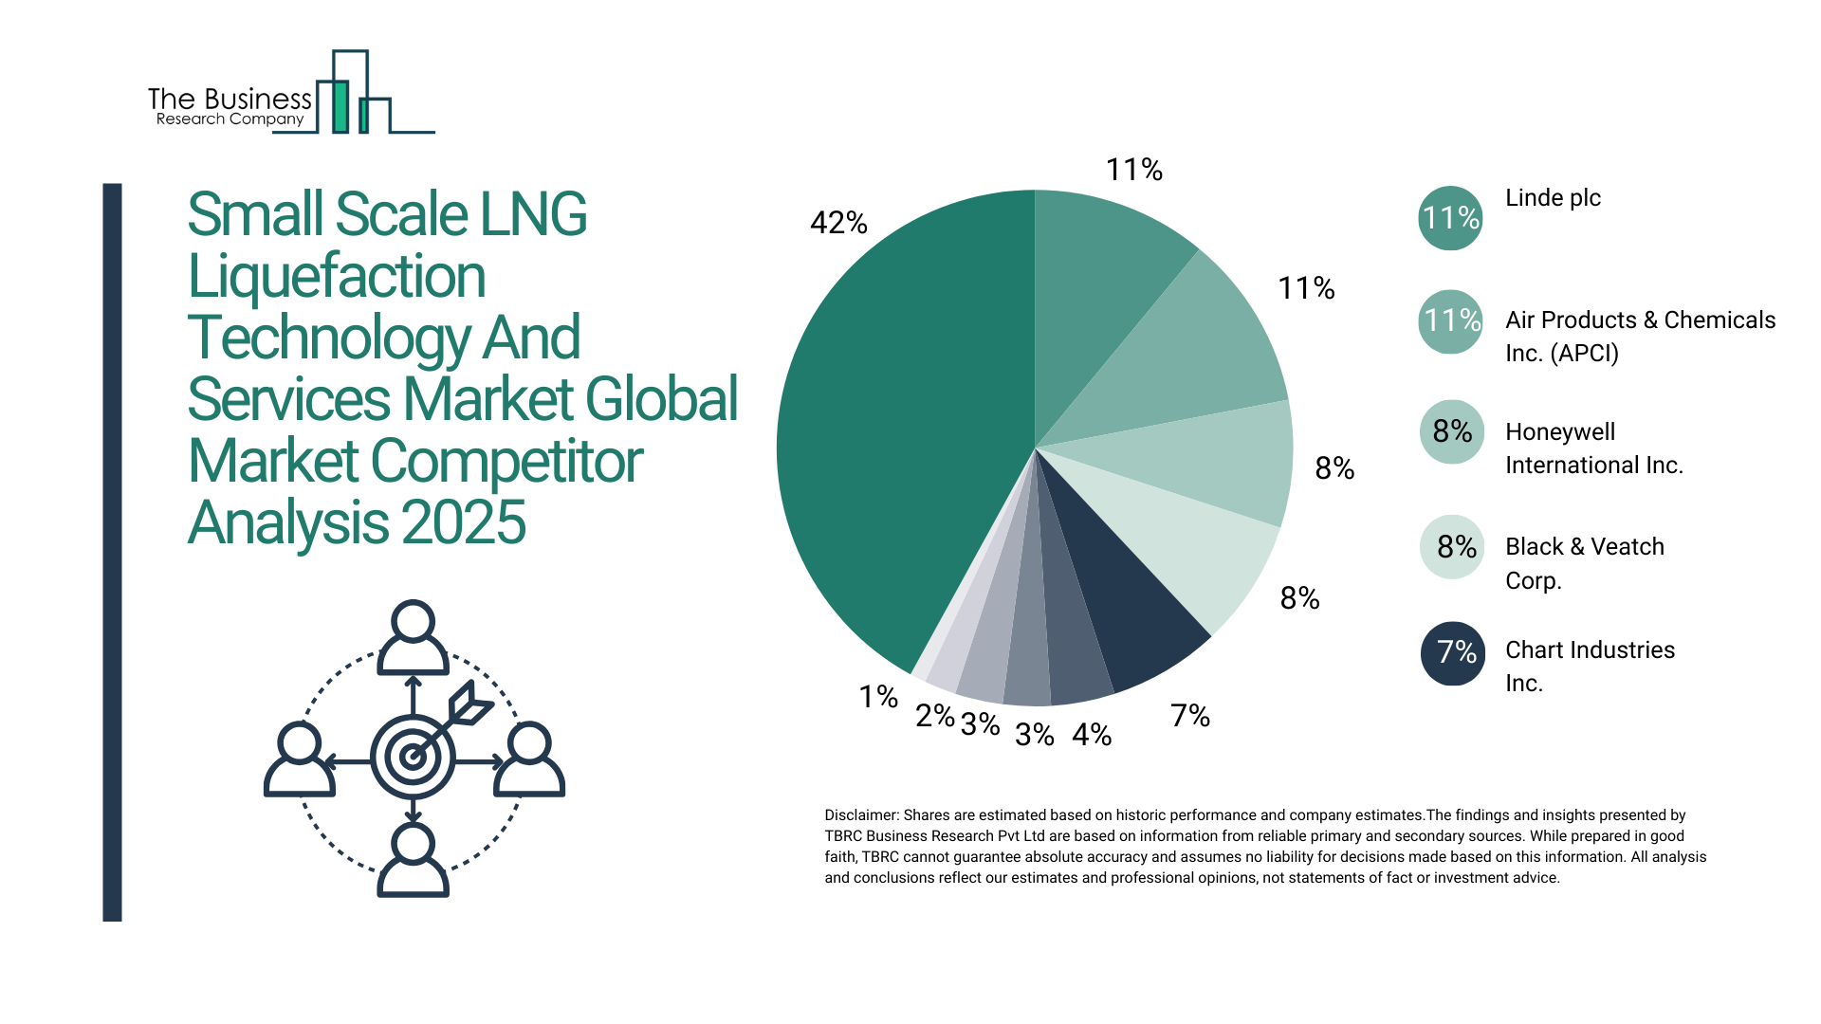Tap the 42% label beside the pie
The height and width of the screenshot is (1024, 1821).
pos(838,223)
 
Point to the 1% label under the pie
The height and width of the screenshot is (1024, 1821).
pos(878,697)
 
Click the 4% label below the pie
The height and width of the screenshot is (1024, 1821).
pos(1092,734)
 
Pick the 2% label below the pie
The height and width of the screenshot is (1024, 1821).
pos(934,716)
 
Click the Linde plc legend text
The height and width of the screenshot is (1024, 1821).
pos(1553,198)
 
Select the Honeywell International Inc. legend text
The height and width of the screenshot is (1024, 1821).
pos(1593,448)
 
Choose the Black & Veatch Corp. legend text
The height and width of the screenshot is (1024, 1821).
pos(1584,563)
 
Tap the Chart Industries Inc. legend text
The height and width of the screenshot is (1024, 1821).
pos(1590,666)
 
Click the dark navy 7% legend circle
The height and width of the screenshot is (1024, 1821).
pos(1452,652)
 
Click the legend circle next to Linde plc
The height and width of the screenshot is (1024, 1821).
pos(1450,218)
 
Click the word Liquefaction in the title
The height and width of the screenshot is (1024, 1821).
pos(337,276)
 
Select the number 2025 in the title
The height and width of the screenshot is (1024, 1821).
pos(464,522)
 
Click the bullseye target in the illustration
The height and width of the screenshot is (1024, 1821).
pos(413,757)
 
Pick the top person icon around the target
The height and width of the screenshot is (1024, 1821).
pos(413,637)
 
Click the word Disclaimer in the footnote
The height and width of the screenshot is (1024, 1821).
pos(860,815)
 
